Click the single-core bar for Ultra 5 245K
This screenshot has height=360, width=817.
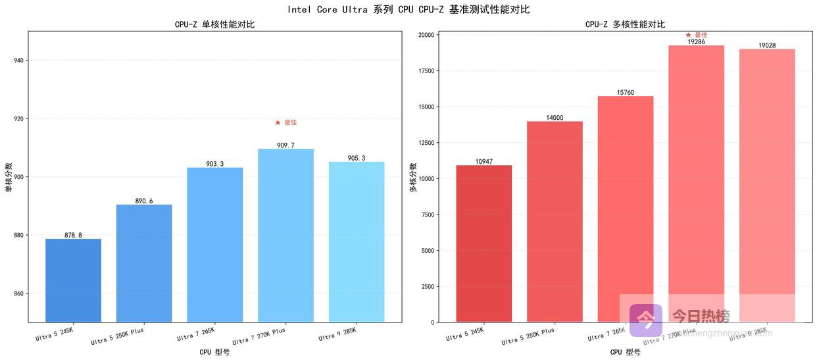point(73,280)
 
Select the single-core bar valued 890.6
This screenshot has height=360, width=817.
point(144,263)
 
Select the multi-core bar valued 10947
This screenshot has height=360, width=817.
point(483,244)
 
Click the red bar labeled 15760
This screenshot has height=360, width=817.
point(625,197)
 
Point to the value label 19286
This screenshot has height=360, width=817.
point(696,41)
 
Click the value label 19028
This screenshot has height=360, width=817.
point(767,45)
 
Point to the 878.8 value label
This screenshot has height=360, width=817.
point(73,235)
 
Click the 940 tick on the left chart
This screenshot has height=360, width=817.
point(18,61)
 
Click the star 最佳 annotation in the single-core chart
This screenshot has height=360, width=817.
point(286,122)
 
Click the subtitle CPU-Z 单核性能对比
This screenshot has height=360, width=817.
point(214,24)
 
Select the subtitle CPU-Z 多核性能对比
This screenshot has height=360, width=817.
point(625,24)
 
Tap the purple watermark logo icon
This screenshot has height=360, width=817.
point(646,320)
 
